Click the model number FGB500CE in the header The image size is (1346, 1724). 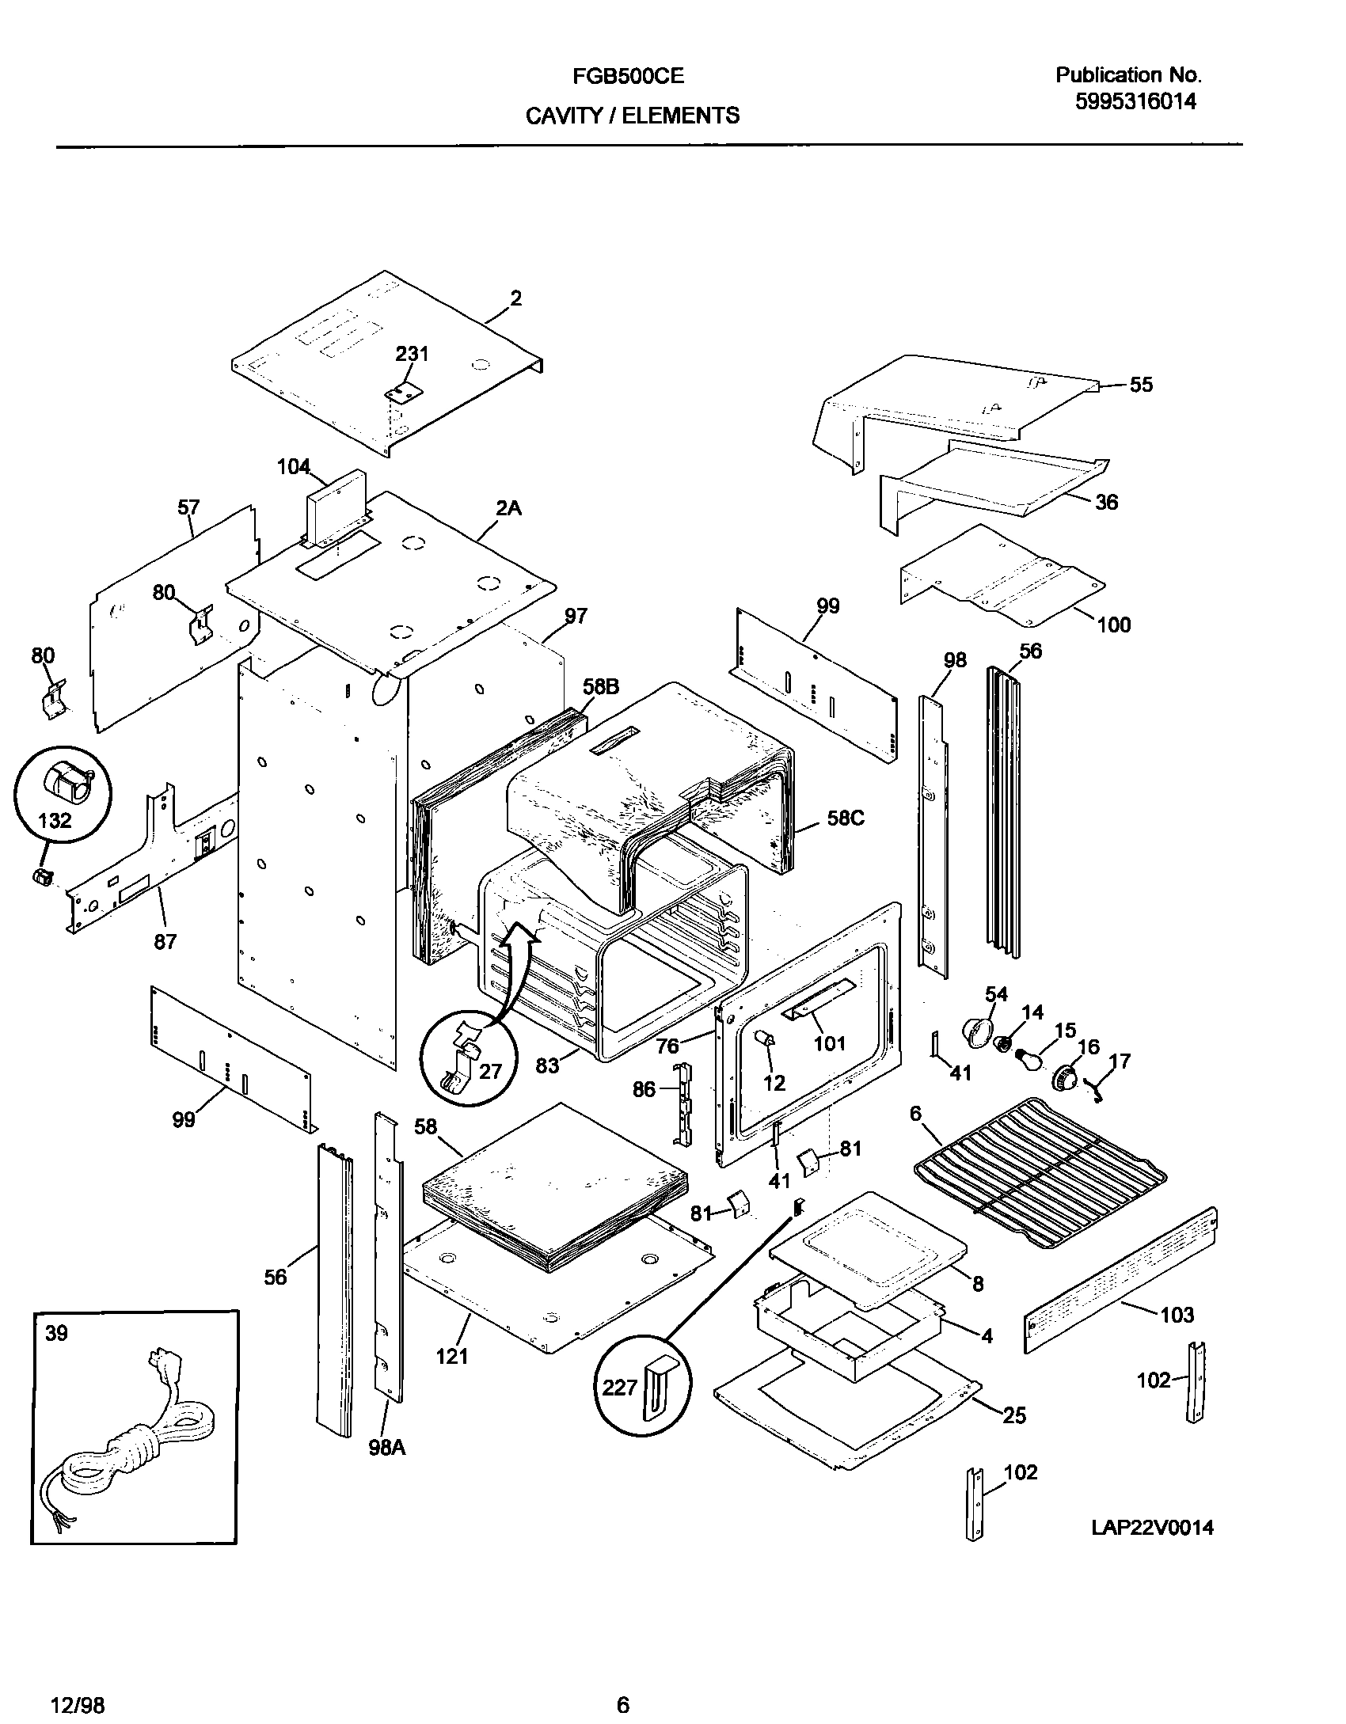pos(628,76)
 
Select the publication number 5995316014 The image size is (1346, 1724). pos(1135,101)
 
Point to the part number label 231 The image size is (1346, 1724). pos(412,354)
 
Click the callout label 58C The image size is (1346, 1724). pos(846,818)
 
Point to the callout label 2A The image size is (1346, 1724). pos(508,509)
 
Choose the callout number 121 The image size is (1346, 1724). pos(452,1356)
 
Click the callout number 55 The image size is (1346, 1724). pos(1141,385)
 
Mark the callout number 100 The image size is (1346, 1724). pos(1113,625)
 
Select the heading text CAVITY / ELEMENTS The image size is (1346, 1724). pos(633,116)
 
